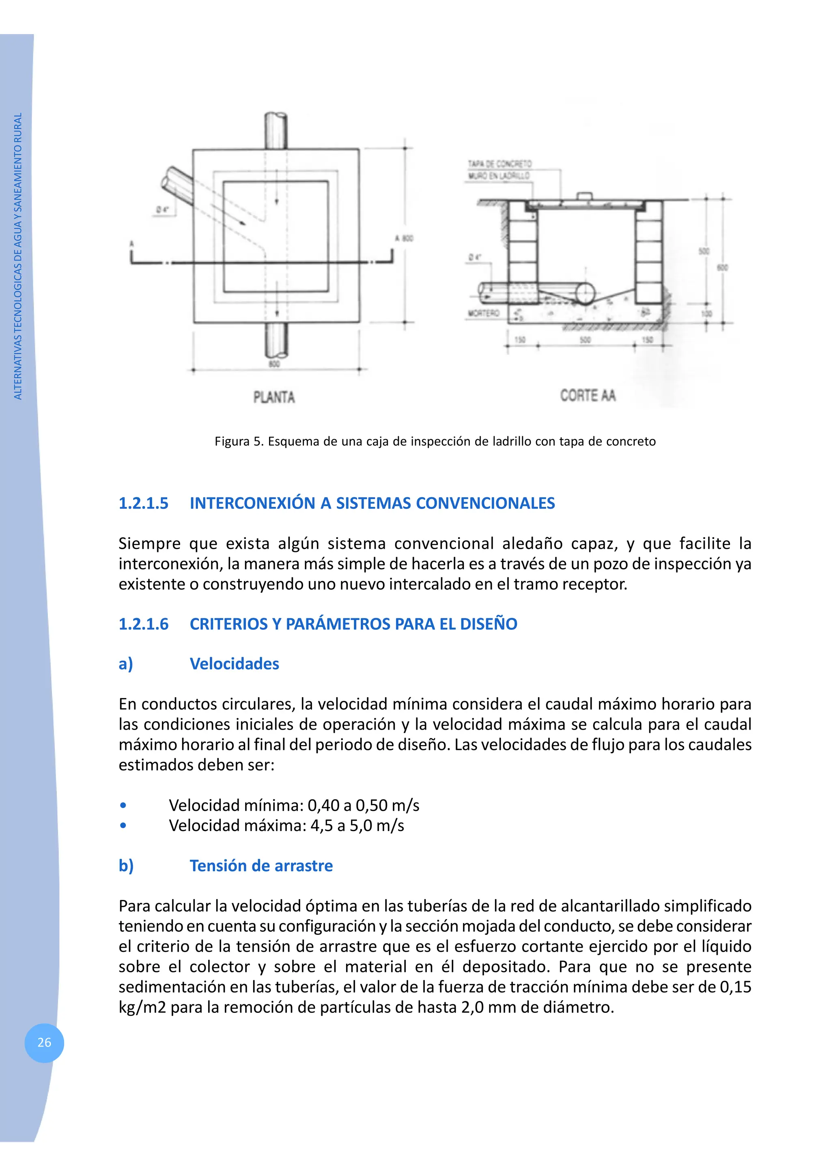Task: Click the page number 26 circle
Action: click(x=44, y=1042)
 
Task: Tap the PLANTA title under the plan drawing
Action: click(x=274, y=397)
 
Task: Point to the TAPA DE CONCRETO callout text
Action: click(x=499, y=164)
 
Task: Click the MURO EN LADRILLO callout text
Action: click(x=499, y=176)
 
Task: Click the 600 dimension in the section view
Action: click(x=722, y=267)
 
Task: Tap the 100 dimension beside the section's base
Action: click(x=706, y=313)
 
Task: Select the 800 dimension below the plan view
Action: click(x=274, y=364)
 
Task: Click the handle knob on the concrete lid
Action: click(x=585, y=196)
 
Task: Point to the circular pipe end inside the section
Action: click(x=585, y=293)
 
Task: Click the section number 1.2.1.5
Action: click(x=143, y=503)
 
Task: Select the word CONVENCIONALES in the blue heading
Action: click(x=485, y=503)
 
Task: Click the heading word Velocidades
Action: click(x=234, y=664)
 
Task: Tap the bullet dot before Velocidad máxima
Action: click(x=123, y=826)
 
